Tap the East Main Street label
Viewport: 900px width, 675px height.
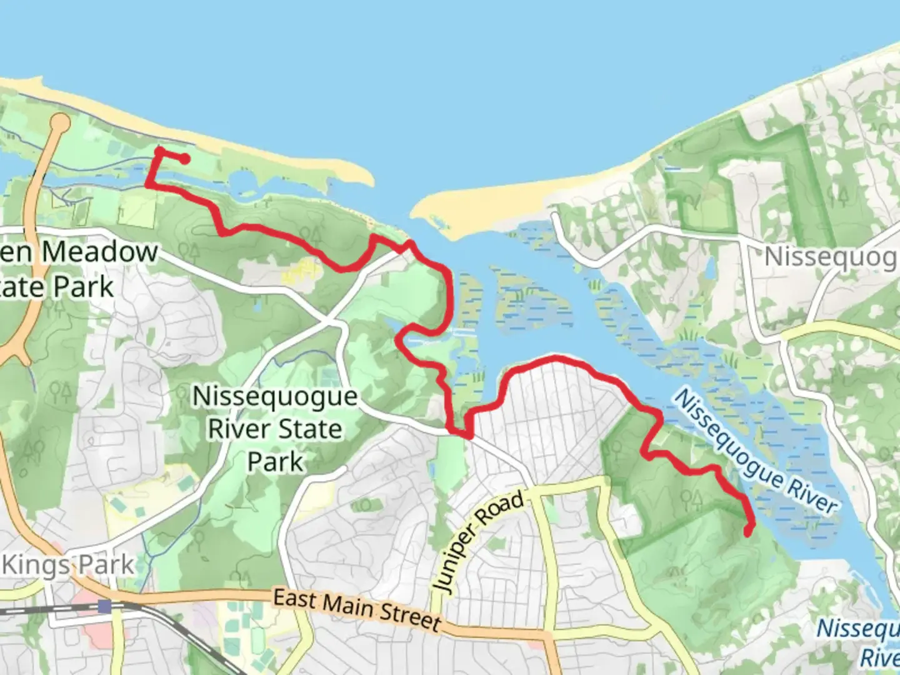tap(357, 609)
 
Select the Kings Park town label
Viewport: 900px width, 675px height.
tap(69, 565)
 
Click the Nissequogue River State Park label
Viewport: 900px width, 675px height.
tap(275, 429)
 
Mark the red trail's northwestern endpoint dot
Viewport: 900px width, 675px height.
tap(184, 159)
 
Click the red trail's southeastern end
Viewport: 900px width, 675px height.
tap(748, 532)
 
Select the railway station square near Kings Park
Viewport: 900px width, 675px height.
tap(104, 606)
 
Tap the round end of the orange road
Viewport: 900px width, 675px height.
tap(60, 123)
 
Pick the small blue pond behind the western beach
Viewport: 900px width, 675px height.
tap(242, 182)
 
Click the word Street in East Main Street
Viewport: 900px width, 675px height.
tap(410, 616)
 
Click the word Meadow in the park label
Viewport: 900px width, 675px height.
tap(100, 252)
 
